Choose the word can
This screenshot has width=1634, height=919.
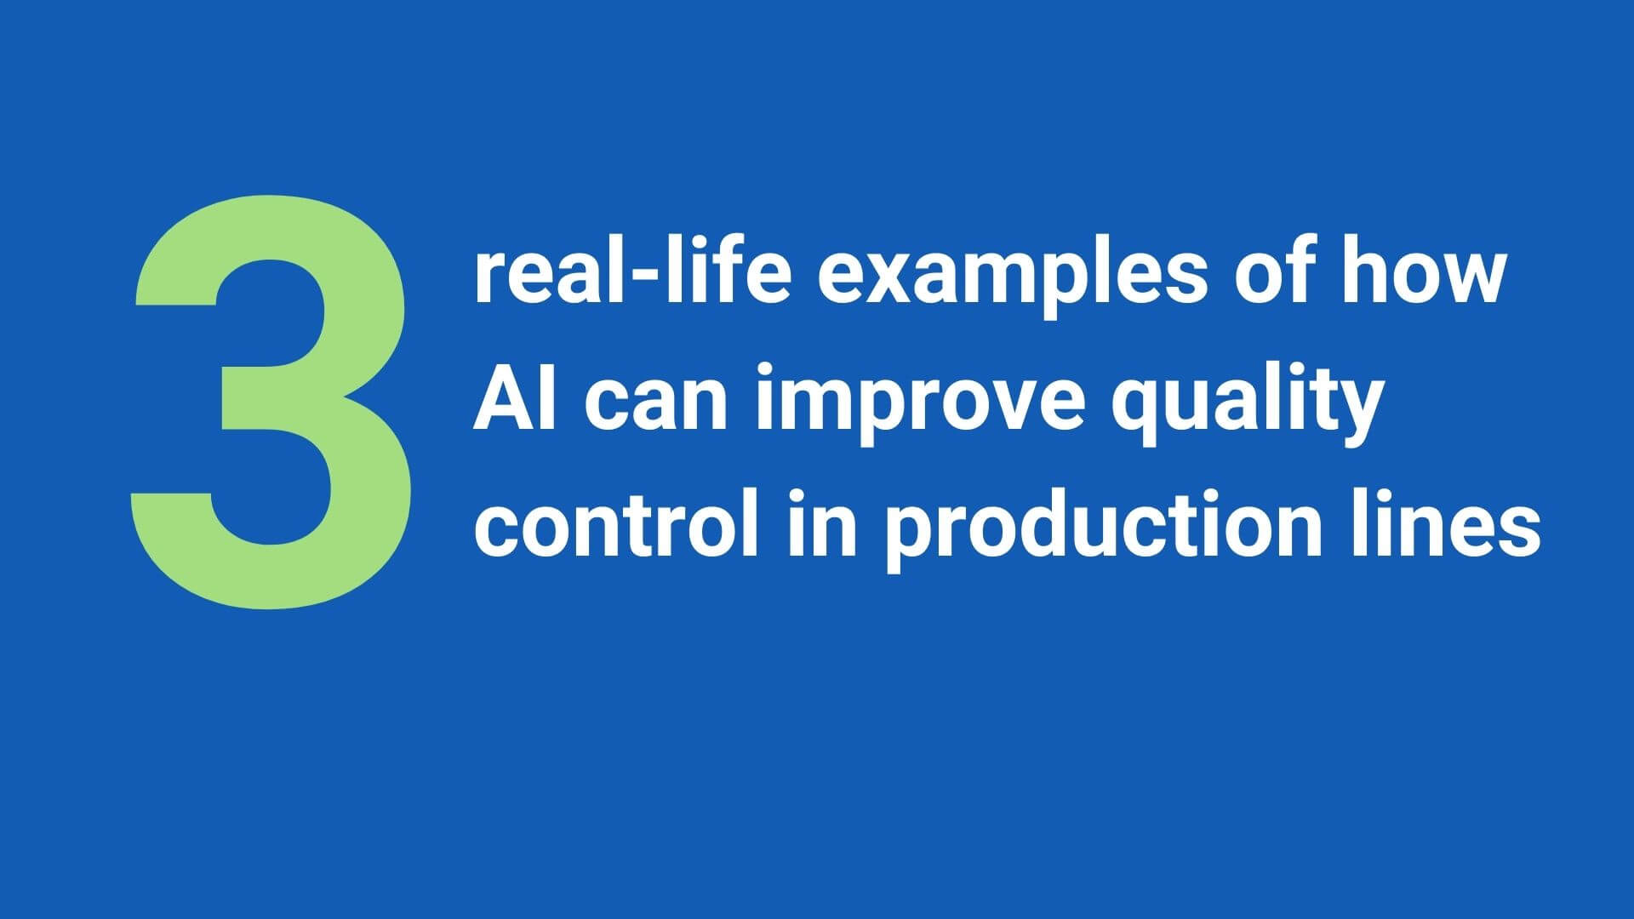655,405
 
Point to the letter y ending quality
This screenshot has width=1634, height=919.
1355,415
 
